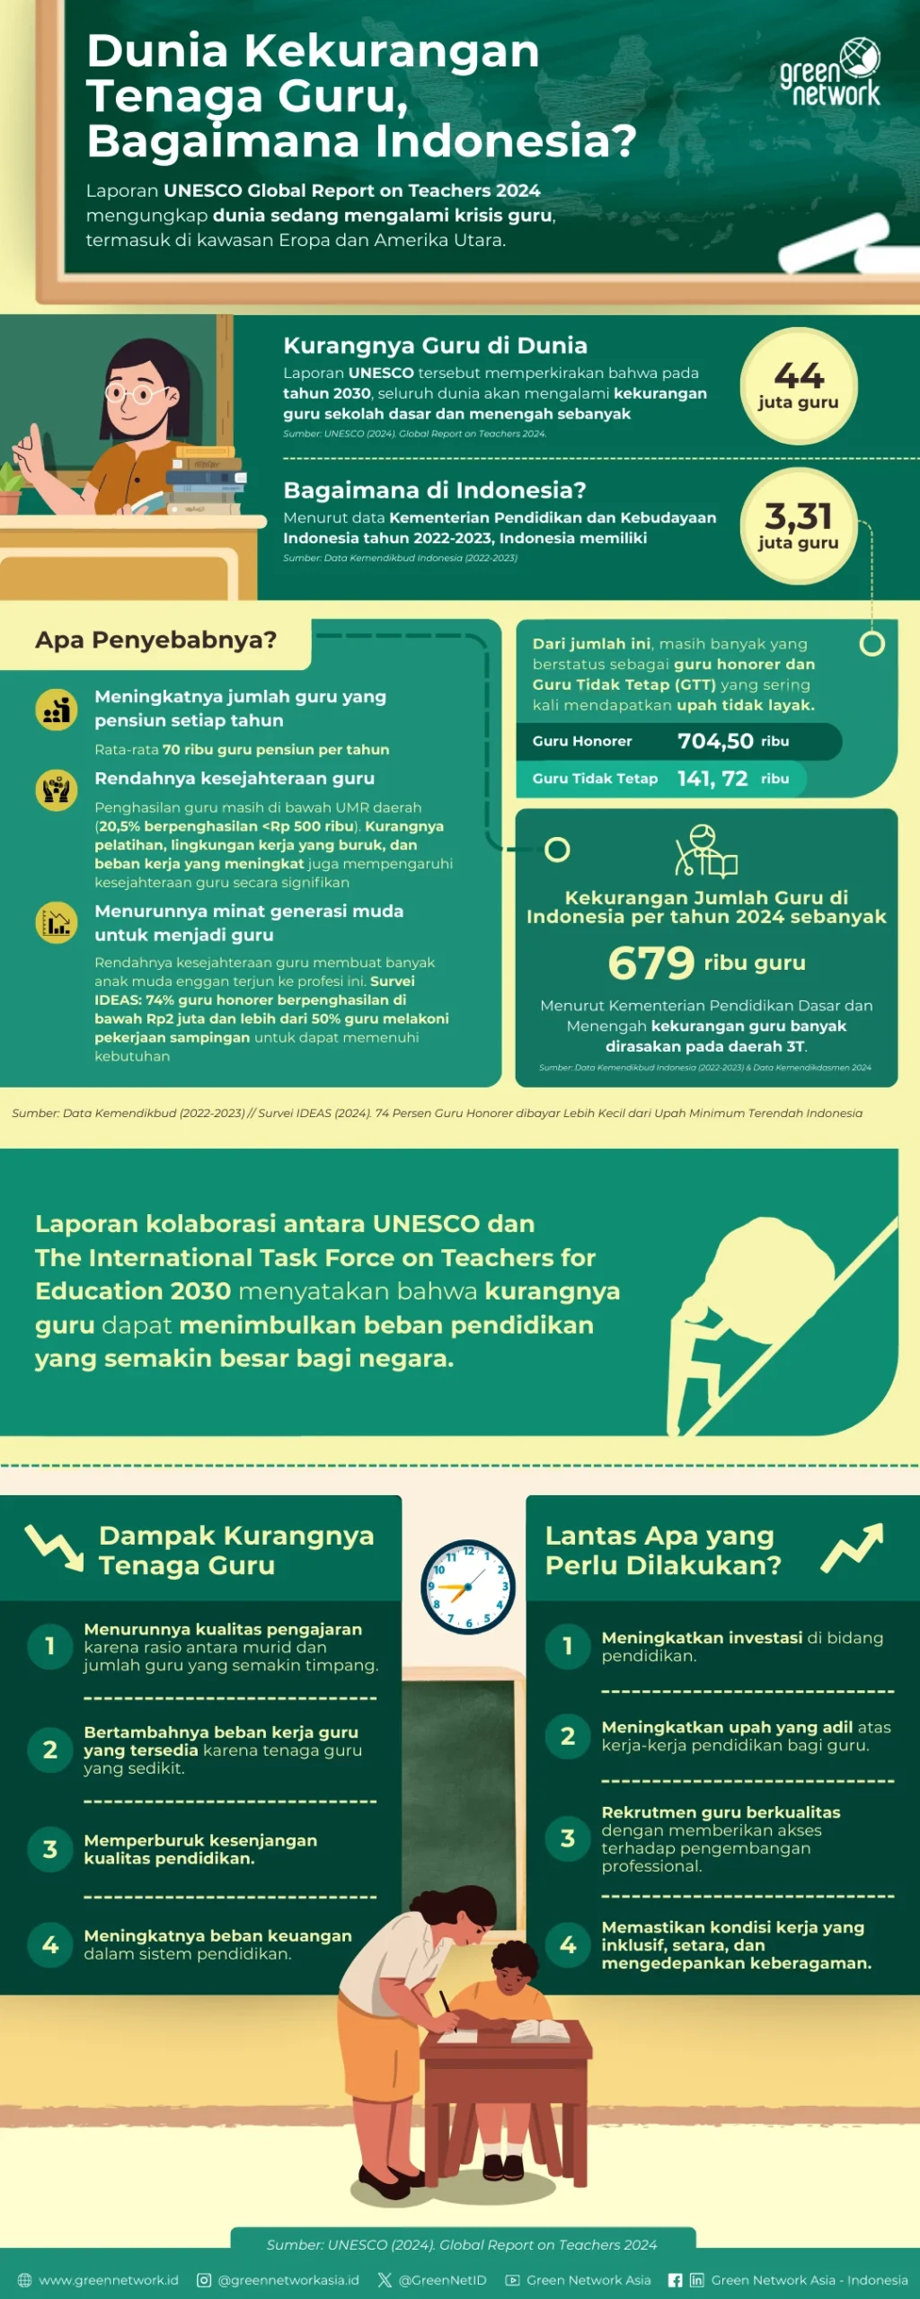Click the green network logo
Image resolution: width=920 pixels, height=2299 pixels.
[831, 73]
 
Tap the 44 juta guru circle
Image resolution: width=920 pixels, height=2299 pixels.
[798, 386]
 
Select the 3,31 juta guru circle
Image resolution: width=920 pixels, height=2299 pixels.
[798, 526]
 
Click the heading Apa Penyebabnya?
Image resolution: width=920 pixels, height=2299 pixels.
[155, 640]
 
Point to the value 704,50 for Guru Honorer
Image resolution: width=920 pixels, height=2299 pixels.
[715, 741]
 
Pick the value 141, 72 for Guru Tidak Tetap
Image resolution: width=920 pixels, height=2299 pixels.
[712, 779]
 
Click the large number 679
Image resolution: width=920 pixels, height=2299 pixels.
[651, 963]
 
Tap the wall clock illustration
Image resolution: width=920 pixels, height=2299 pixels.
[468, 1587]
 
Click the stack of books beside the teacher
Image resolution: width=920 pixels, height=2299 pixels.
[207, 480]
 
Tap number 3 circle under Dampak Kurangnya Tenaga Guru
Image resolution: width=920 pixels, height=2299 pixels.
[50, 1849]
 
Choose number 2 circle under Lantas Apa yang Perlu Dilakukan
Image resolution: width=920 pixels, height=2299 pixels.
[568, 1736]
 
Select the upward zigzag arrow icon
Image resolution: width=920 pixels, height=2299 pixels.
[853, 1548]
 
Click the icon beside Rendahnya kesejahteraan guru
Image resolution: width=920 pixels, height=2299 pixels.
[56, 790]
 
